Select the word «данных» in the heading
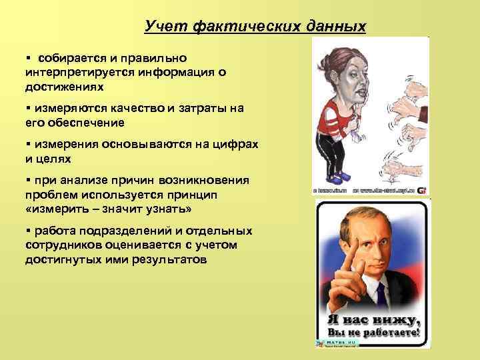click(x=336, y=27)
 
